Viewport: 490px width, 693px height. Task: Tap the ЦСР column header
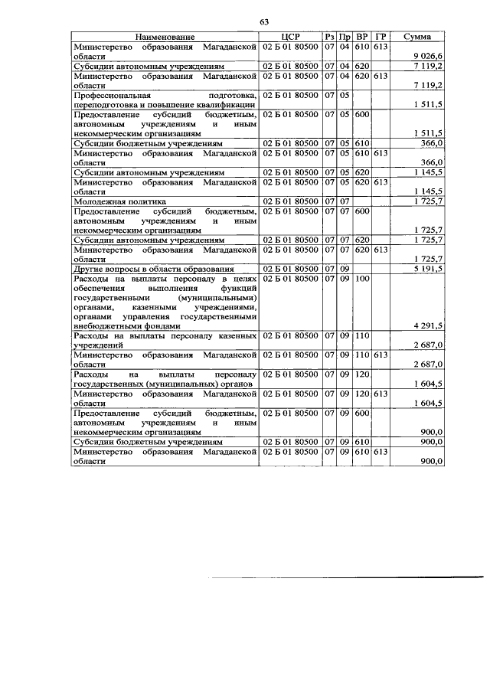[x=289, y=37]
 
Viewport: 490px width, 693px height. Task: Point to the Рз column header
[x=329, y=37]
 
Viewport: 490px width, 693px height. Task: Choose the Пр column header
[x=345, y=37]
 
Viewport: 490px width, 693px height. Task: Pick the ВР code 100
[x=362, y=279]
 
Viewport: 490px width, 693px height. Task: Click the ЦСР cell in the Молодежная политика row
[x=289, y=201]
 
